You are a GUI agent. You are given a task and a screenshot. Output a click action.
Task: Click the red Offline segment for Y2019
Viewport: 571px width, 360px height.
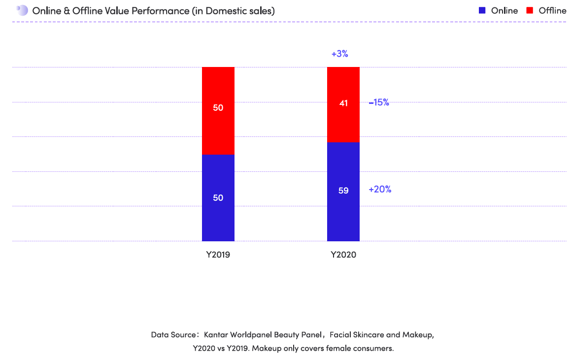pyautogui.click(x=218, y=123)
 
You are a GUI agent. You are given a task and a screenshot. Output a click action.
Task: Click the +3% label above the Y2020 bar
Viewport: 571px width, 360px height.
pyautogui.click(x=339, y=54)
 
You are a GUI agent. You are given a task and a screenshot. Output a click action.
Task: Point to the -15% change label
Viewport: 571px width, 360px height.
pyautogui.click(x=379, y=102)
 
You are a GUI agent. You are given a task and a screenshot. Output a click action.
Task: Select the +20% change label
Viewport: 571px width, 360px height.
pyautogui.click(x=380, y=189)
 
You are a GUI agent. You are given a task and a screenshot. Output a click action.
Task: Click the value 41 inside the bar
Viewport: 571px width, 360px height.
pyautogui.click(x=343, y=103)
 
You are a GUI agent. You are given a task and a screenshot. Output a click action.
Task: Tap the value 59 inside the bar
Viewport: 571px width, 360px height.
pyautogui.click(x=343, y=190)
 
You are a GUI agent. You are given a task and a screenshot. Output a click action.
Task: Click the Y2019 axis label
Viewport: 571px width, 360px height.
pyautogui.click(x=218, y=255)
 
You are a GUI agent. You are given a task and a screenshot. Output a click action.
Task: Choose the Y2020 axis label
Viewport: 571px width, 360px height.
pyautogui.click(x=343, y=255)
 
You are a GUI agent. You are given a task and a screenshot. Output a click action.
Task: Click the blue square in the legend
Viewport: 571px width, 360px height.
pyautogui.click(x=482, y=10)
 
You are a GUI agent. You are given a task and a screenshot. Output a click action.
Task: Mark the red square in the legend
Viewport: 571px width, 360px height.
pyautogui.click(x=530, y=10)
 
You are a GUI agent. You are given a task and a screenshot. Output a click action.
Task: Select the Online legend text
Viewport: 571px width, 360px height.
pyautogui.click(x=504, y=10)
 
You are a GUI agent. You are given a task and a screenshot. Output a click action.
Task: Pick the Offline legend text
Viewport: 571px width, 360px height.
pyautogui.click(x=552, y=10)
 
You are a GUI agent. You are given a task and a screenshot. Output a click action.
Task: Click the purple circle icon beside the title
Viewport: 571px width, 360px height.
pyautogui.click(x=22, y=10)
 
